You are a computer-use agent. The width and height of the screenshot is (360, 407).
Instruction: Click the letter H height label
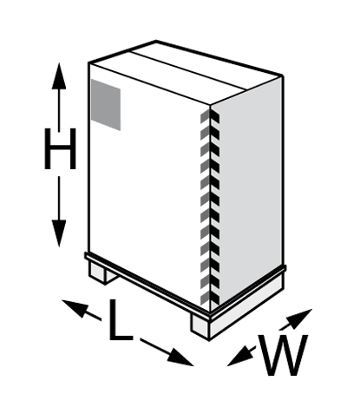60,148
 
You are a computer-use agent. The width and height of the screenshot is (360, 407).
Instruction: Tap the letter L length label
121,320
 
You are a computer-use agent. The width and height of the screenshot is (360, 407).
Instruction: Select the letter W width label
282,355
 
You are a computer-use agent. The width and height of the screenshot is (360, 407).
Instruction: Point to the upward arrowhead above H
59,75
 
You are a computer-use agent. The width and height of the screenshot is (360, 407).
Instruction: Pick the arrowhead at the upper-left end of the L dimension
75,308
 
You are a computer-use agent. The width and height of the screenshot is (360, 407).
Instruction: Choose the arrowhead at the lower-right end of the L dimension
180,358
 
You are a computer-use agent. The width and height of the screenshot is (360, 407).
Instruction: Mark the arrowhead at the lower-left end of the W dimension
239,357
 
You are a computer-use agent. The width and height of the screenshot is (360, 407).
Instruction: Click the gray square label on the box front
106,105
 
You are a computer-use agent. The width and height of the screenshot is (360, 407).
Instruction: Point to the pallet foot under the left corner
102,272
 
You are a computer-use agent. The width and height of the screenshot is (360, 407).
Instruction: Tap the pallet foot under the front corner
200,326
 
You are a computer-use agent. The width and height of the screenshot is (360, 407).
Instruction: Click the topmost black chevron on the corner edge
215,117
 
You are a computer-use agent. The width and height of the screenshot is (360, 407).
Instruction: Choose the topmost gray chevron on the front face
206,117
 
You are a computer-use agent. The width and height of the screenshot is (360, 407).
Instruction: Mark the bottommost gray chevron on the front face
206,298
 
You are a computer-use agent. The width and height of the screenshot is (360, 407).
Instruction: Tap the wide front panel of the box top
167,78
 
